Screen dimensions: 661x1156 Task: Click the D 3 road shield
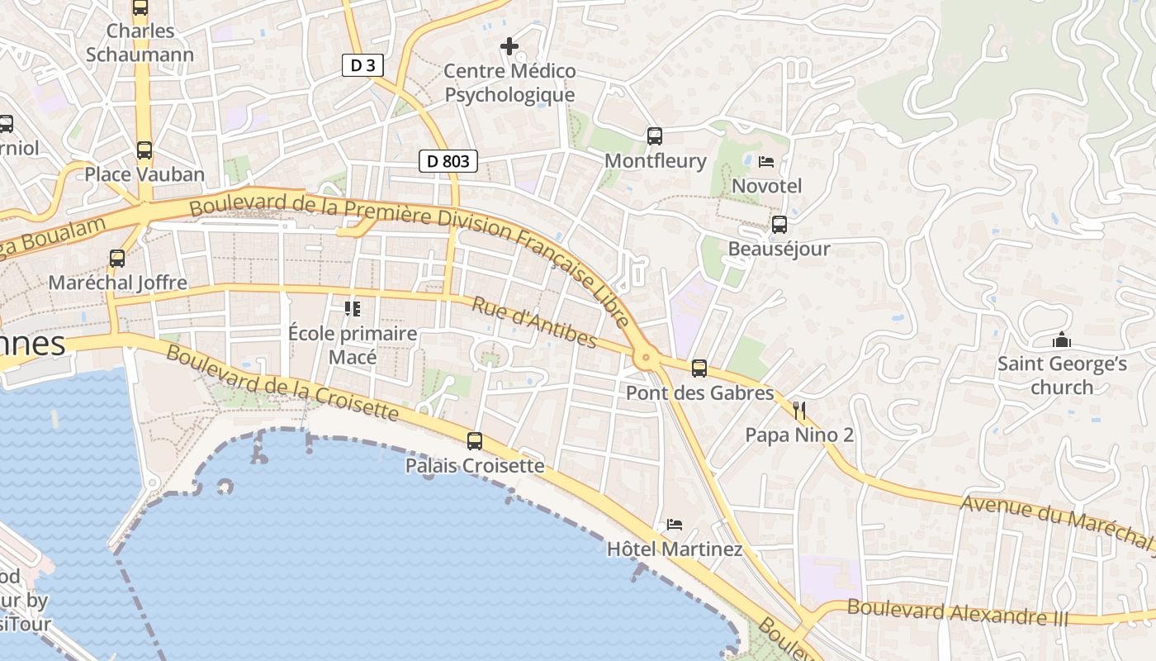362,65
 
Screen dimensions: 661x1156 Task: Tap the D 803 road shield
448,161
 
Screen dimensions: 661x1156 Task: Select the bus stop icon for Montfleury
655,136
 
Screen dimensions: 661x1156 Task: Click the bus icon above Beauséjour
779,225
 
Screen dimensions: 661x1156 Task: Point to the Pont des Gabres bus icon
699,369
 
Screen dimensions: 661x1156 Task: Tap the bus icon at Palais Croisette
475,441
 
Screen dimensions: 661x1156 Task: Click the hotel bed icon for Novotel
766,162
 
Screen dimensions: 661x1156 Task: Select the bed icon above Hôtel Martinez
675,525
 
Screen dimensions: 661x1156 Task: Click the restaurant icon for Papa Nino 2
798,411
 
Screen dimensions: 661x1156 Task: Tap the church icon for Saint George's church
1061,340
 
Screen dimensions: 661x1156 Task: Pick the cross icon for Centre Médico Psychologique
509,46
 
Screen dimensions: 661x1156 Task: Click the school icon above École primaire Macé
353,309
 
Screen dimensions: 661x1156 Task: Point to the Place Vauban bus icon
144,150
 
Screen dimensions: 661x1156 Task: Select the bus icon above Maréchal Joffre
117,259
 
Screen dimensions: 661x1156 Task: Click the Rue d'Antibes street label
533,322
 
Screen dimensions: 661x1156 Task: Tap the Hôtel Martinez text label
675,549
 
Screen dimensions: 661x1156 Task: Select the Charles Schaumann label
140,43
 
